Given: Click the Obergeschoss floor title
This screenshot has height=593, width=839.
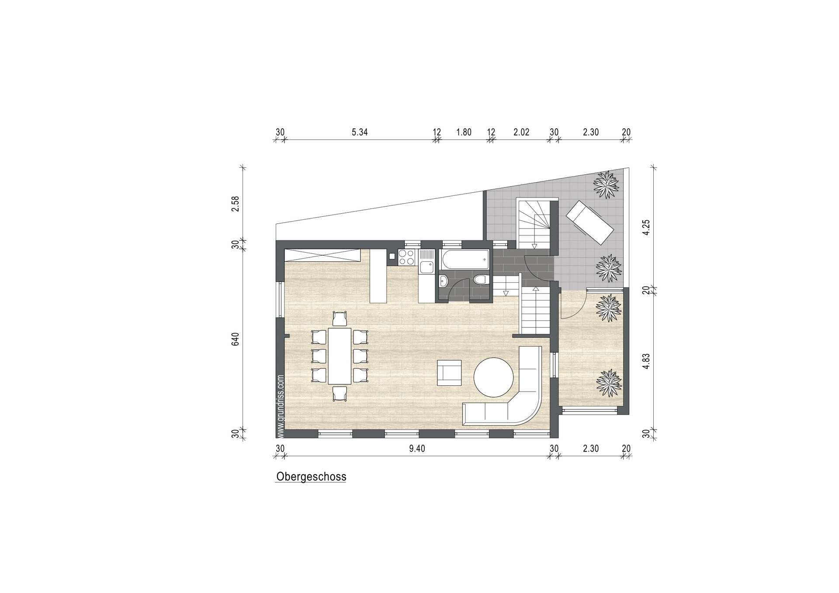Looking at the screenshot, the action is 311,477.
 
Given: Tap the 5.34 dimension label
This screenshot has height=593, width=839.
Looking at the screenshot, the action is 360,132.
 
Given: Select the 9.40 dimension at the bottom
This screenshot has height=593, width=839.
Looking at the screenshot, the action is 417,448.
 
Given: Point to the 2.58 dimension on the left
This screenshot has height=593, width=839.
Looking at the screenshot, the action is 236,204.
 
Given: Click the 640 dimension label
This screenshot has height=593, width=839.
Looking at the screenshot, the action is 236,340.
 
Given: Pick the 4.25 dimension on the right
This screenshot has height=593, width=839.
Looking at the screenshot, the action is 647,227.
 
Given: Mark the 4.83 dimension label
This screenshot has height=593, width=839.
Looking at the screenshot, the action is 647,361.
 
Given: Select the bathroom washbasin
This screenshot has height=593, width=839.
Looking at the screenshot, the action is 444,281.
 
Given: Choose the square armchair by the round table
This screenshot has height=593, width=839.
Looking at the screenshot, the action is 449,373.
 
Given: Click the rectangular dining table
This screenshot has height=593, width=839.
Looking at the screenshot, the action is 340,356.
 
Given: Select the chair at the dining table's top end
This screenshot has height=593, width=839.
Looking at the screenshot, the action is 340,319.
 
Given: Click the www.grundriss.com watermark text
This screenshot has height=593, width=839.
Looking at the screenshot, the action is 281,406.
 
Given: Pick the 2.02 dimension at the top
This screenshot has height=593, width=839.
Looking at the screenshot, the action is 521,132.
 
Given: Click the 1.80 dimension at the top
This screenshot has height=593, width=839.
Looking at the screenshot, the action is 464,132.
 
